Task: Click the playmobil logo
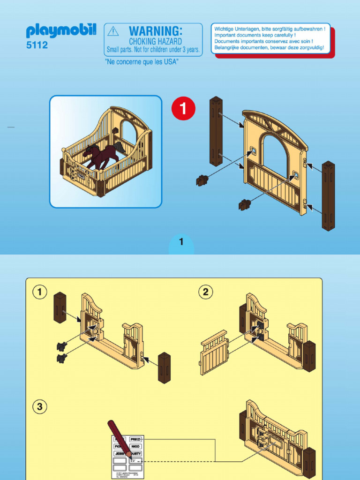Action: [x=61, y=31]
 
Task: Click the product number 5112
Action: [x=37, y=46]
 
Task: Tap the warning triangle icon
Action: [x=113, y=31]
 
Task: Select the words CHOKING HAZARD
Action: [x=155, y=42]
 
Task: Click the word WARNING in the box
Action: [x=155, y=31]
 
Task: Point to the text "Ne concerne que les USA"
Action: [x=142, y=62]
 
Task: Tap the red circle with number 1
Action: [x=183, y=108]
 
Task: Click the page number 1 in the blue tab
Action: [x=181, y=242]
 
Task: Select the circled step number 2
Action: [x=205, y=292]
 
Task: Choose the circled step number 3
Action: [x=40, y=406]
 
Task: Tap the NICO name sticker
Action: [x=135, y=447]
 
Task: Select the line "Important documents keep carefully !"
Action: [x=255, y=35]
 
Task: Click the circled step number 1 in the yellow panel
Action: [x=40, y=292]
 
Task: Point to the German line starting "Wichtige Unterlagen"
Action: [x=270, y=29]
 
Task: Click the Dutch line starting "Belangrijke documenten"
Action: [x=269, y=47]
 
